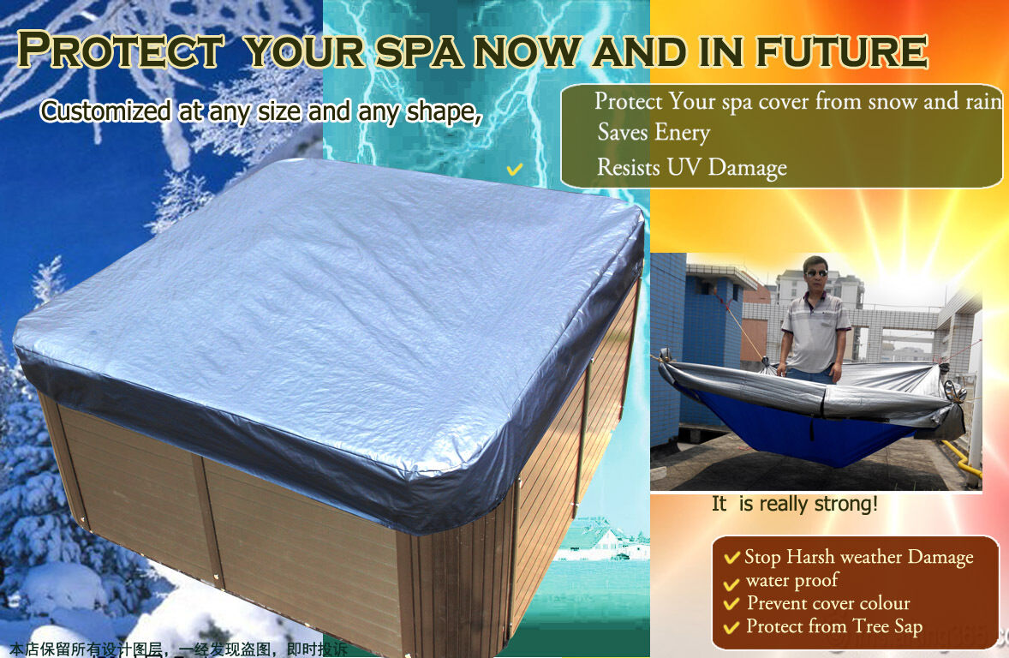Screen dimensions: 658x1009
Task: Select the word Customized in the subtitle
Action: tap(106, 111)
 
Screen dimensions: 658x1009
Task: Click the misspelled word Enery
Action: tap(683, 133)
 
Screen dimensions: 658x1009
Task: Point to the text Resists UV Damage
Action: tap(691, 167)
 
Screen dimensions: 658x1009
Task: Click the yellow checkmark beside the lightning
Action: tap(514, 170)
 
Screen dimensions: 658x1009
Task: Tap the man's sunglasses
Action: tap(817, 273)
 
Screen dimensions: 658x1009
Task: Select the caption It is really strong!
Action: tap(794, 504)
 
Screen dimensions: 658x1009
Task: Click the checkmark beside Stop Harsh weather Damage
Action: tap(731, 558)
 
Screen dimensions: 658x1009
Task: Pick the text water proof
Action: tap(791, 581)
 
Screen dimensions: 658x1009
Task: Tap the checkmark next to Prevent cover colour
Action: tap(731, 604)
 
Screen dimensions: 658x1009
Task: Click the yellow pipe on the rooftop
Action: tap(959, 454)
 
